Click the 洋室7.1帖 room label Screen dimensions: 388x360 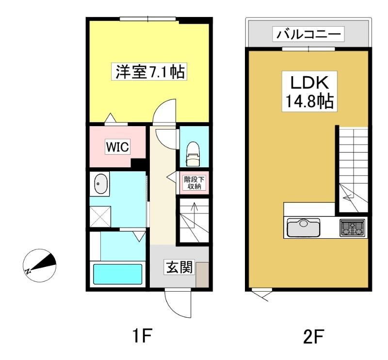pos(149,71)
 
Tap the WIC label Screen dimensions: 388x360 pos(117,147)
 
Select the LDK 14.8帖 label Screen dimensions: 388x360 pos(309,91)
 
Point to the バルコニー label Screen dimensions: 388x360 pos(308,34)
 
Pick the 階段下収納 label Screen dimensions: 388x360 pos(194,183)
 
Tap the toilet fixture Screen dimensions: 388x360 pos(193,154)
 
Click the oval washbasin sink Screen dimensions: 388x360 pos(101,184)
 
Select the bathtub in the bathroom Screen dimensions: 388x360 pos(117,274)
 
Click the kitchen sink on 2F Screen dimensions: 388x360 pos(304,228)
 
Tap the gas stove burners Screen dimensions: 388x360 pos(353,228)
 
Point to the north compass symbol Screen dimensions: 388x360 pos(40,265)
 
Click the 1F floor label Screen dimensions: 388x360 pos(142,335)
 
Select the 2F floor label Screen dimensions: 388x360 pos(313,336)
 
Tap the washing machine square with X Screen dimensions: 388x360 pos(100,217)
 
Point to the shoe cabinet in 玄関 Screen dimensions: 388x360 pos(202,275)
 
